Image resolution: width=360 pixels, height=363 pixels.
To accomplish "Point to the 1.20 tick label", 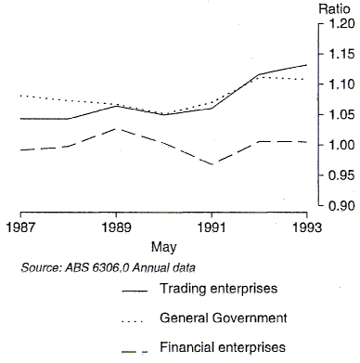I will [334, 25].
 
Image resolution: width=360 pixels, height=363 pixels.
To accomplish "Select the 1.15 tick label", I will [334, 56].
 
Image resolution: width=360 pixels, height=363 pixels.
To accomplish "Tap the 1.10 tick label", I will [334, 85].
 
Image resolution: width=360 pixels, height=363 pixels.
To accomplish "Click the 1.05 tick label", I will [334, 115].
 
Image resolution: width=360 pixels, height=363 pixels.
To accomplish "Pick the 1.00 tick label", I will [334, 146].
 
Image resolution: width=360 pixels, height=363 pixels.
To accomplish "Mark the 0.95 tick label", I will [334, 175].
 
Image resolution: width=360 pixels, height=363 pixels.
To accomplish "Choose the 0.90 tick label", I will [334, 205].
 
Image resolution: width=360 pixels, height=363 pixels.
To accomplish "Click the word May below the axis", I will [163, 248].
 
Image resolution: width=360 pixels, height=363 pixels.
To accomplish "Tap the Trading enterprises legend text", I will [218, 289].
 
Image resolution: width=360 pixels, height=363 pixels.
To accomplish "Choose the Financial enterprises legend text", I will [222, 348].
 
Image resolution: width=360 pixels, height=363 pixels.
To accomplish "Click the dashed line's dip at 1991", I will [212, 164].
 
